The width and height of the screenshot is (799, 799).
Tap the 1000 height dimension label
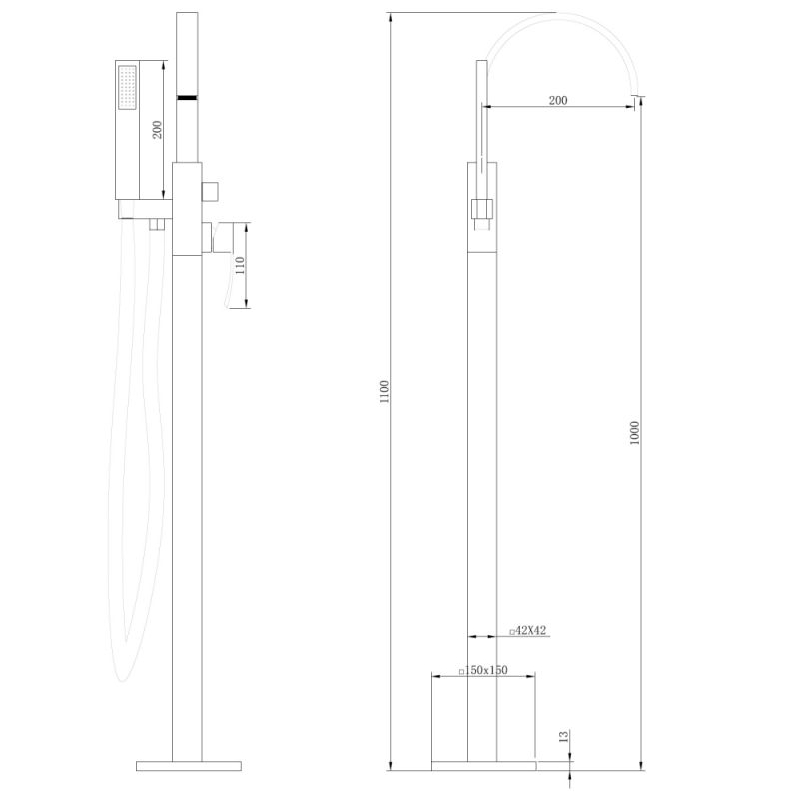tap(634, 433)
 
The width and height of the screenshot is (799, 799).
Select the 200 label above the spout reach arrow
tap(558, 101)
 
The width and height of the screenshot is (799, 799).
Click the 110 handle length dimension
tap(239, 267)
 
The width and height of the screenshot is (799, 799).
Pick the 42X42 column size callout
tap(527, 631)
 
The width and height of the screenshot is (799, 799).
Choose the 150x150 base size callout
tap(483, 671)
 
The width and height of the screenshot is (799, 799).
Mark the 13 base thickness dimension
tap(564, 737)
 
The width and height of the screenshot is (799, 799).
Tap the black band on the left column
tap(188, 98)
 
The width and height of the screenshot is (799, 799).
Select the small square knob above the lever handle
tap(213, 190)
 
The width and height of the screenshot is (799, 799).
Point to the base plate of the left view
tap(188, 765)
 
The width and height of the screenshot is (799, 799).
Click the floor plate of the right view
tap(483, 765)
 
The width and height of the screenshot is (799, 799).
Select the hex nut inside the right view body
tap(482, 209)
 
